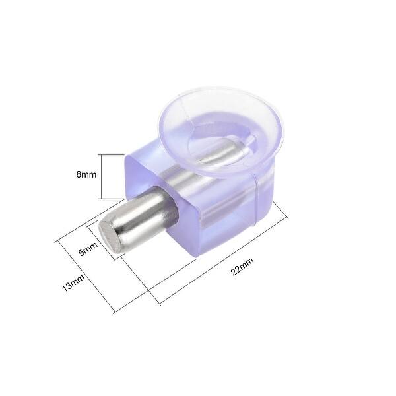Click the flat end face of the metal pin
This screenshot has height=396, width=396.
tap(110, 234)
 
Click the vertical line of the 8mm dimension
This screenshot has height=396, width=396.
tap(100, 176)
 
